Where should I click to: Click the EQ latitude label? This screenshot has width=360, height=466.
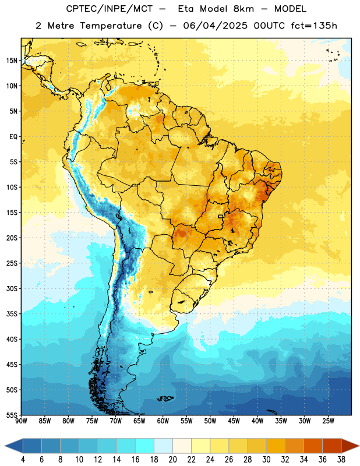click(13, 137)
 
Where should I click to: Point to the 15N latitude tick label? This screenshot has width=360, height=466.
click(12, 61)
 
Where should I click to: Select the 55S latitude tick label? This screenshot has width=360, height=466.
click(12, 415)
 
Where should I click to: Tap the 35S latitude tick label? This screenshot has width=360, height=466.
click(12, 314)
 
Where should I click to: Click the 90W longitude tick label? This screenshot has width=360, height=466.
click(21, 421)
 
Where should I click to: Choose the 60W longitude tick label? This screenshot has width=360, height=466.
click(163, 421)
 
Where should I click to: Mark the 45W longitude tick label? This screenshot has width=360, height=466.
click(234, 421)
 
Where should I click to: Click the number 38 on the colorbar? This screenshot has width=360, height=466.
click(341, 460)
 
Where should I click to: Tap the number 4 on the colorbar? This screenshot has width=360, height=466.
click(23, 460)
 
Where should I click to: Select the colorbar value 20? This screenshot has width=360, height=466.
click(172, 460)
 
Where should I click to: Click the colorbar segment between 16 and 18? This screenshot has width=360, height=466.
click(144, 446)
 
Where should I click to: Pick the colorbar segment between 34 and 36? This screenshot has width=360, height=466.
click(313, 446)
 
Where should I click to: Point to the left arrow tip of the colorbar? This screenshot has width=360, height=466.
click(5, 446)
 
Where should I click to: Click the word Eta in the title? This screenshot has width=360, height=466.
click(186, 9)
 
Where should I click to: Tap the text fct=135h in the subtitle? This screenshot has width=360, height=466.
click(314, 26)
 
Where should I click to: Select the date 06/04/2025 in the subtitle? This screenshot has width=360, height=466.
click(215, 26)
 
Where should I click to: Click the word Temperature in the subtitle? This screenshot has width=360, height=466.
click(111, 26)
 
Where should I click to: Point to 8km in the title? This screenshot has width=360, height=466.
click(243, 9)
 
